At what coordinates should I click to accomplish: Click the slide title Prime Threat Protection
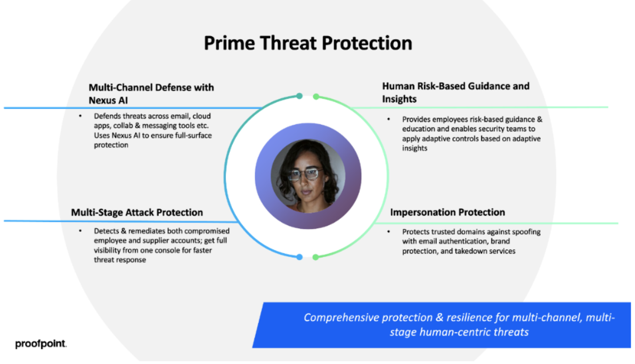pos(308,43)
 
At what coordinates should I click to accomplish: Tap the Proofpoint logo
pos(41,344)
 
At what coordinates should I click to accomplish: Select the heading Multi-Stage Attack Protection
pos(137,212)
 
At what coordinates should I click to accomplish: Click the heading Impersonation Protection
pos(447,212)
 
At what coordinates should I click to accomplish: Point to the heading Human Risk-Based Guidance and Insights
pos(455,92)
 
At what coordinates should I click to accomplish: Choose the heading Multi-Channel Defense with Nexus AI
pos(151,94)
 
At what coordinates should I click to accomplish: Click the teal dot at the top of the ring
pos(299,96)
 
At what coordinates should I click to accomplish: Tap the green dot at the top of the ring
pos(316,97)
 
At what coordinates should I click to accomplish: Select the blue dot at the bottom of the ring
pos(299,257)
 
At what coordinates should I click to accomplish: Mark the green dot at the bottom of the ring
pos(315,257)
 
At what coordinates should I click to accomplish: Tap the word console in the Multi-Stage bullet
pos(178,250)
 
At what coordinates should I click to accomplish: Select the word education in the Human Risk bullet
pos(419,129)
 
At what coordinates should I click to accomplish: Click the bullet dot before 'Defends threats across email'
pos(80,116)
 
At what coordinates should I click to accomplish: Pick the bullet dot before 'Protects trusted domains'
pos(388,232)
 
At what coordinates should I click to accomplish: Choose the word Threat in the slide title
pos(288,43)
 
